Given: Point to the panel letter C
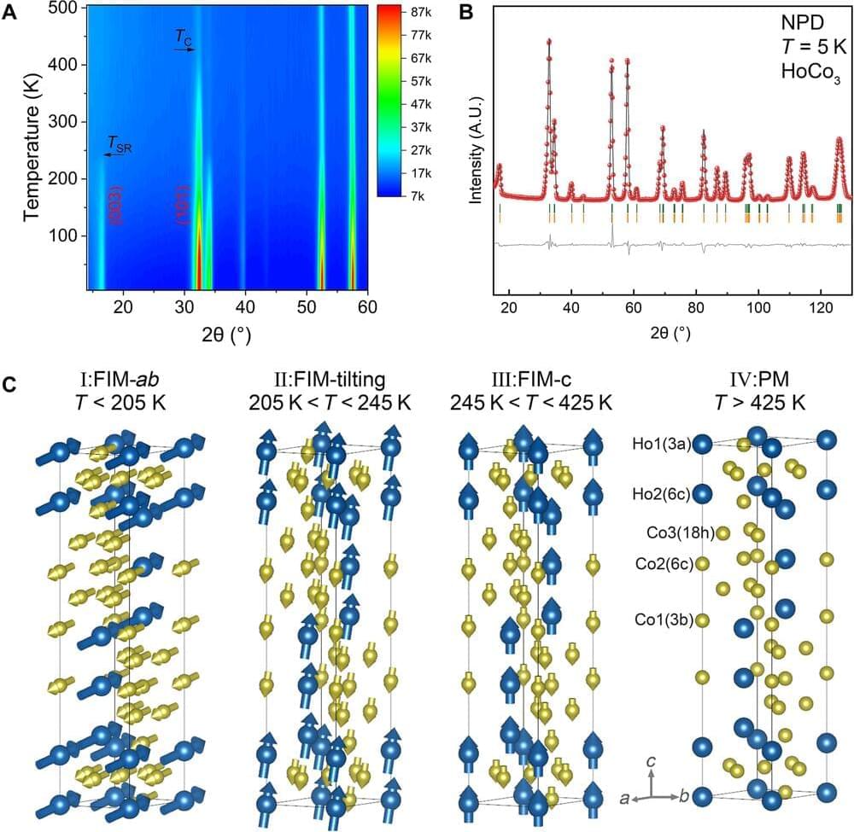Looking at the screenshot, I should pyautogui.click(x=9, y=384).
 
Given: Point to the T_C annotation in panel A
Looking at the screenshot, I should pyautogui.click(x=184, y=37).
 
